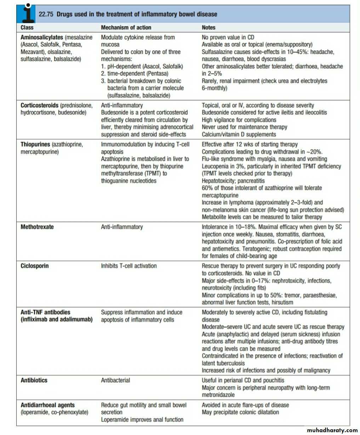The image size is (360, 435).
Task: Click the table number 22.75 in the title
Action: (x=46, y=15)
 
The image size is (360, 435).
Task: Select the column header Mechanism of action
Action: (x=126, y=28)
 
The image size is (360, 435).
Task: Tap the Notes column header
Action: (x=208, y=28)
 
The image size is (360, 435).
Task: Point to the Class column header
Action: (x=27, y=28)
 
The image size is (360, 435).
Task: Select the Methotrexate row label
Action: (x=37, y=227)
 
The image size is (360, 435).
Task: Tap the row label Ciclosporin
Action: (x=35, y=266)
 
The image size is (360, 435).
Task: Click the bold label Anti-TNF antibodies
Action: (x=45, y=312)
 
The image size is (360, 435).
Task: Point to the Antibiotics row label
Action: (x=34, y=380)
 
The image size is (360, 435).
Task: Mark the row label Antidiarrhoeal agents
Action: (x=47, y=405)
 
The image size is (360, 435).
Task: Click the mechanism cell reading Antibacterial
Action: (x=115, y=380)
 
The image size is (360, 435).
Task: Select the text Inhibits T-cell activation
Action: (x=129, y=266)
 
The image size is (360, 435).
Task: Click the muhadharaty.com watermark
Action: (x=332, y=430)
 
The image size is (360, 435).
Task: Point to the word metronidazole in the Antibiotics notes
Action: (x=218, y=395)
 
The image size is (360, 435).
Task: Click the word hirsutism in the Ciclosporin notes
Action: (x=282, y=302)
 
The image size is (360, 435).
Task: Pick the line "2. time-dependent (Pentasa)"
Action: (x=135, y=74)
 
